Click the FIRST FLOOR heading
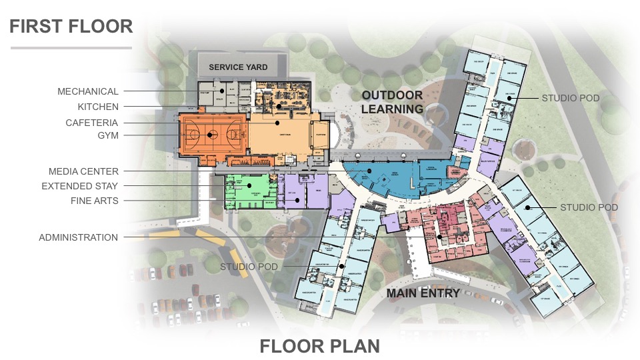(x=71, y=26)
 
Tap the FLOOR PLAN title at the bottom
(x=319, y=346)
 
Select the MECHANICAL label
(x=88, y=91)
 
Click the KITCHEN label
(x=97, y=107)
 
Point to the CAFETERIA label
(x=91, y=123)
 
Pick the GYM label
(x=107, y=135)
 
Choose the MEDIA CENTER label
(x=83, y=171)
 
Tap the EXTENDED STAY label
(x=80, y=186)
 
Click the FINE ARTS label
(x=95, y=200)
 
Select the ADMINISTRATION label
(x=79, y=237)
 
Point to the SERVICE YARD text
(x=238, y=67)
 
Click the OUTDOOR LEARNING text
(x=392, y=102)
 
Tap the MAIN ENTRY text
(x=424, y=293)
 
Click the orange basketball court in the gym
(x=211, y=136)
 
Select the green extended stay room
(x=248, y=190)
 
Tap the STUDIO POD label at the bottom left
(x=249, y=267)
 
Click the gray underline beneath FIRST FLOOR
(x=71, y=48)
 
